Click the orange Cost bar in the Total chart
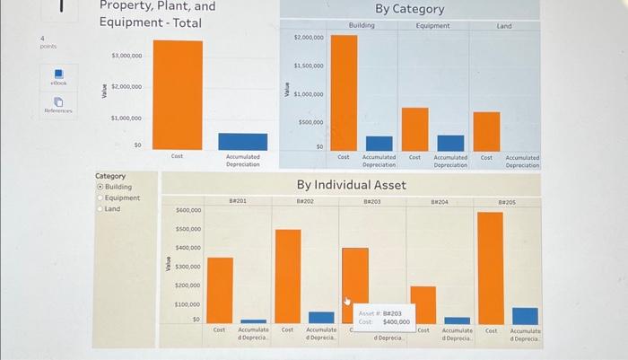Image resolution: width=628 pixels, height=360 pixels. (x=177, y=94)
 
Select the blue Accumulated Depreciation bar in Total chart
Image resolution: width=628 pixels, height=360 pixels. (x=242, y=142)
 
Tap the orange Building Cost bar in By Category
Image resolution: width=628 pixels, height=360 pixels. (x=344, y=92)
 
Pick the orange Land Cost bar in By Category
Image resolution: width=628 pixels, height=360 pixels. (x=486, y=131)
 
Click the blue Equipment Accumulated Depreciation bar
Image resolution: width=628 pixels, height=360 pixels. (x=450, y=143)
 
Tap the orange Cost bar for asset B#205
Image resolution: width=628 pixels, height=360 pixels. (x=490, y=268)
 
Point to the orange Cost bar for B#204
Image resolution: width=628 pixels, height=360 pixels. (x=423, y=304)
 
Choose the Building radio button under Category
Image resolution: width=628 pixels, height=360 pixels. (x=100, y=187)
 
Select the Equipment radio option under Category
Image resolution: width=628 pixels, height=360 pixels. (x=100, y=198)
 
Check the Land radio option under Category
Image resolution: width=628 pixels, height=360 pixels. (x=100, y=208)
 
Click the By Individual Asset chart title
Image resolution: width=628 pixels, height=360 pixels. (x=352, y=185)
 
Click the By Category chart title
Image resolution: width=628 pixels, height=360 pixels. (x=409, y=9)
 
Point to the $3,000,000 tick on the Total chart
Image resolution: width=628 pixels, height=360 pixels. (x=126, y=56)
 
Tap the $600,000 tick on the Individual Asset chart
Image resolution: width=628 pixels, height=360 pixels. (x=188, y=210)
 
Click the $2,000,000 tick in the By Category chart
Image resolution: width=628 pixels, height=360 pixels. (x=309, y=38)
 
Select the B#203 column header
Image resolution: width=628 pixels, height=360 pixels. (x=372, y=202)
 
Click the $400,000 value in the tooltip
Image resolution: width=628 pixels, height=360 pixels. (x=396, y=321)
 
